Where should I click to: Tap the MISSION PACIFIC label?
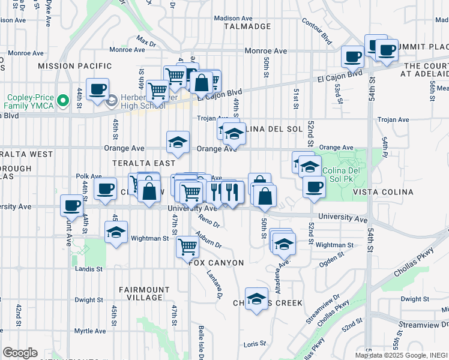point(74,65)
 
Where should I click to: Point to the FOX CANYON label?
point(216,263)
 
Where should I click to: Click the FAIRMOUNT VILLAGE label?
point(140,293)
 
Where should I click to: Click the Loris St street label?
point(255,344)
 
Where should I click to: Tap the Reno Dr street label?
point(209,221)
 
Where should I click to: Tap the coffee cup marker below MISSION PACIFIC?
point(97,89)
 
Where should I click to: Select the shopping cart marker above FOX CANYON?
point(187,245)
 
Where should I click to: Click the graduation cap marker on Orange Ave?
point(178,142)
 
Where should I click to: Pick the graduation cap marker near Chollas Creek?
point(256,299)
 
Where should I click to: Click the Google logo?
point(20,352)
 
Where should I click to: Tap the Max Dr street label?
point(146,41)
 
